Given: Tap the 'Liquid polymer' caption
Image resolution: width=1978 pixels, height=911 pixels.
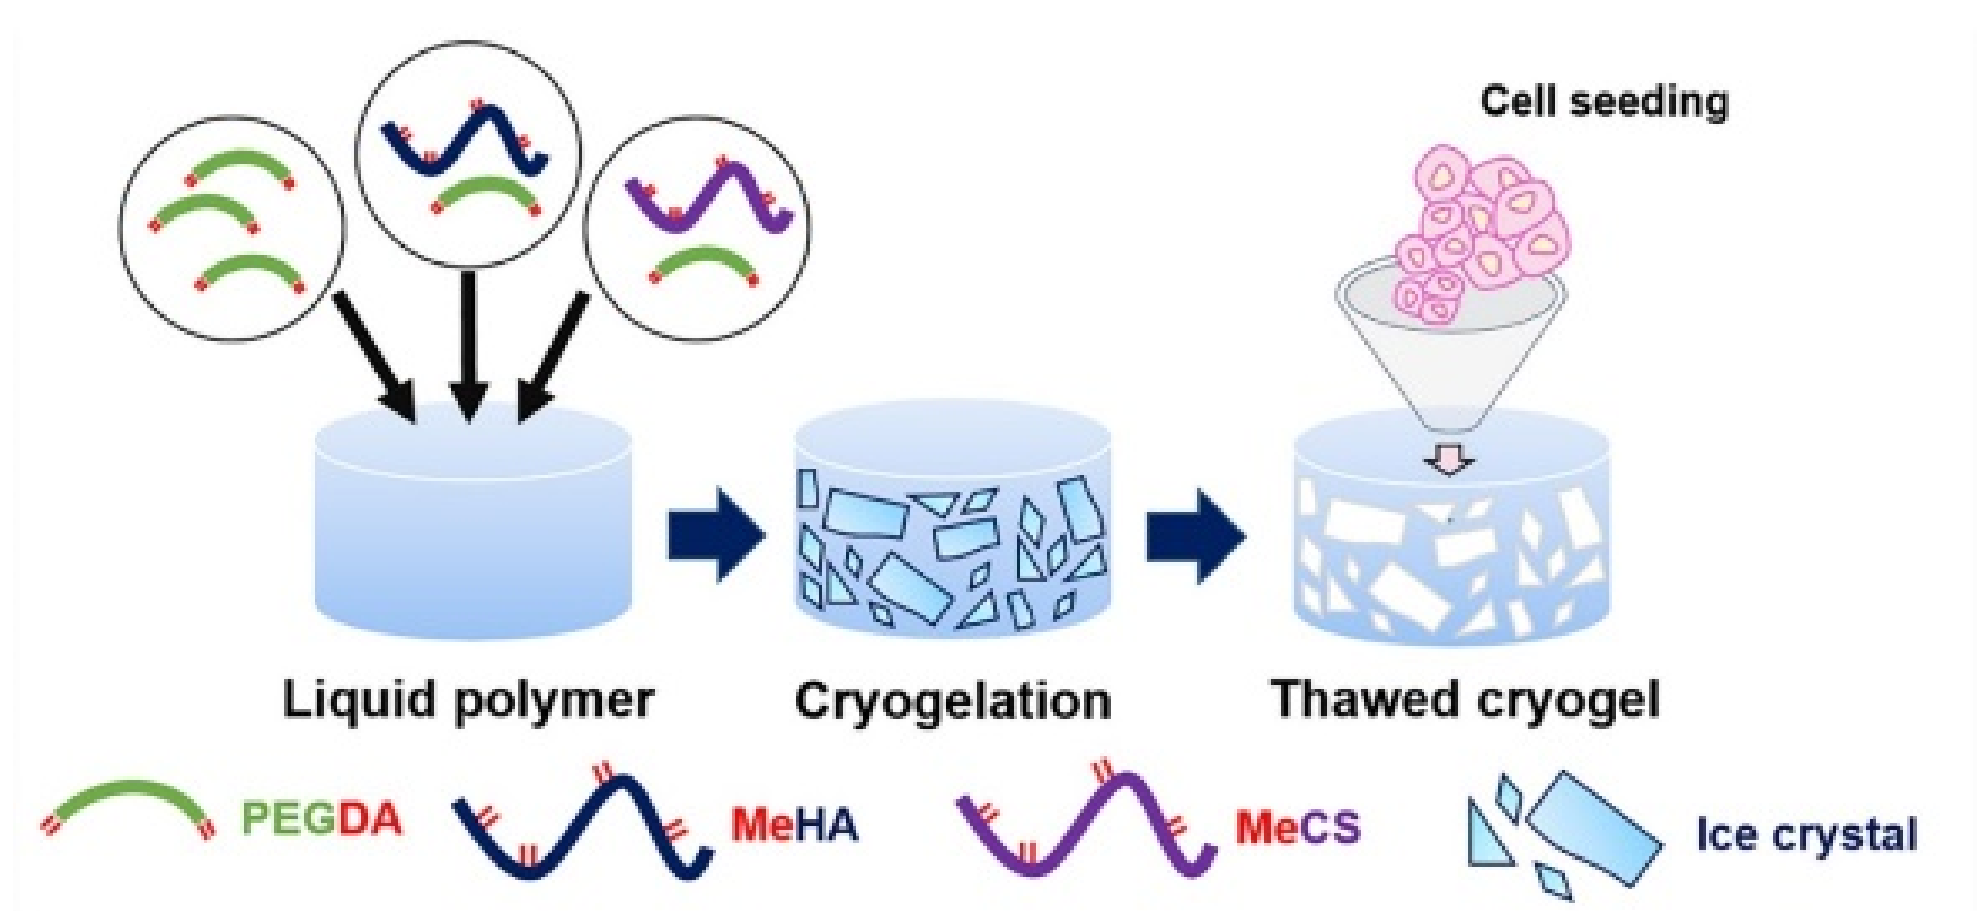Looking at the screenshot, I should pos(467,700).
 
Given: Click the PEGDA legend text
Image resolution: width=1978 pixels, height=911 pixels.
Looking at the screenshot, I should pos(322,819).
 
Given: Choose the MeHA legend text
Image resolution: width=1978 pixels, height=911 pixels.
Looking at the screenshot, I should pos(794,825).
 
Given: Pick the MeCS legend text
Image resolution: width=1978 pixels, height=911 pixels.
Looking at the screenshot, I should pos(1298,828).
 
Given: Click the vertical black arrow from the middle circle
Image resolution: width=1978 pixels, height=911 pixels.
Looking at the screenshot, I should pos(467,345).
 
